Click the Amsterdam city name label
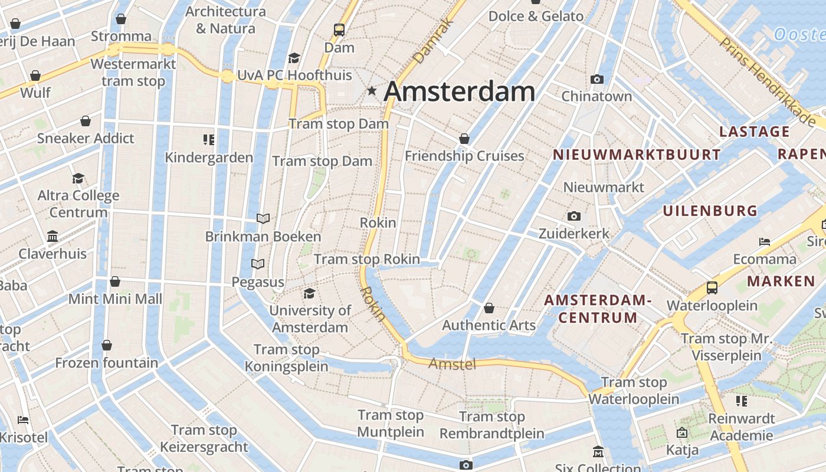pyautogui.click(x=460, y=91)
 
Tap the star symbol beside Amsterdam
pyautogui.click(x=372, y=91)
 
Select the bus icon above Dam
pyautogui.click(x=339, y=29)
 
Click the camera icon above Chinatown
pyautogui.click(x=596, y=79)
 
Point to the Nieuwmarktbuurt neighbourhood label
pyautogui.click(x=636, y=155)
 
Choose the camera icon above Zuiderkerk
pyautogui.click(x=573, y=217)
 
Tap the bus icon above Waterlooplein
pyautogui.click(x=712, y=288)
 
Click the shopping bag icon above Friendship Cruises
pyautogui.click(x=464, y=139)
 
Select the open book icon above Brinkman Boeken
pyautogui.click(x=263, y=219)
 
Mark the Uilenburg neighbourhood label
pyautogui.click(x=710, y=211)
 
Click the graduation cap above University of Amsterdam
pyautogui.click(x=309, y=293)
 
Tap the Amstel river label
pyautogui.click(x=452, y=364)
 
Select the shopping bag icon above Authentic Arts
pyautogui.click(x=489, y=308)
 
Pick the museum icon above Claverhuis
pyautogui.click(x=53, y=237)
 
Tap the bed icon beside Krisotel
pyautogui.click(x=24, y=420)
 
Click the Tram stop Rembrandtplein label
pyautogui.click(x=491, y=425)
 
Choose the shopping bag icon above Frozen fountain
pyautogui.click(x=107, y=345)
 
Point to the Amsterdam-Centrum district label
pyautogui.click(x=598, y=309)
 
